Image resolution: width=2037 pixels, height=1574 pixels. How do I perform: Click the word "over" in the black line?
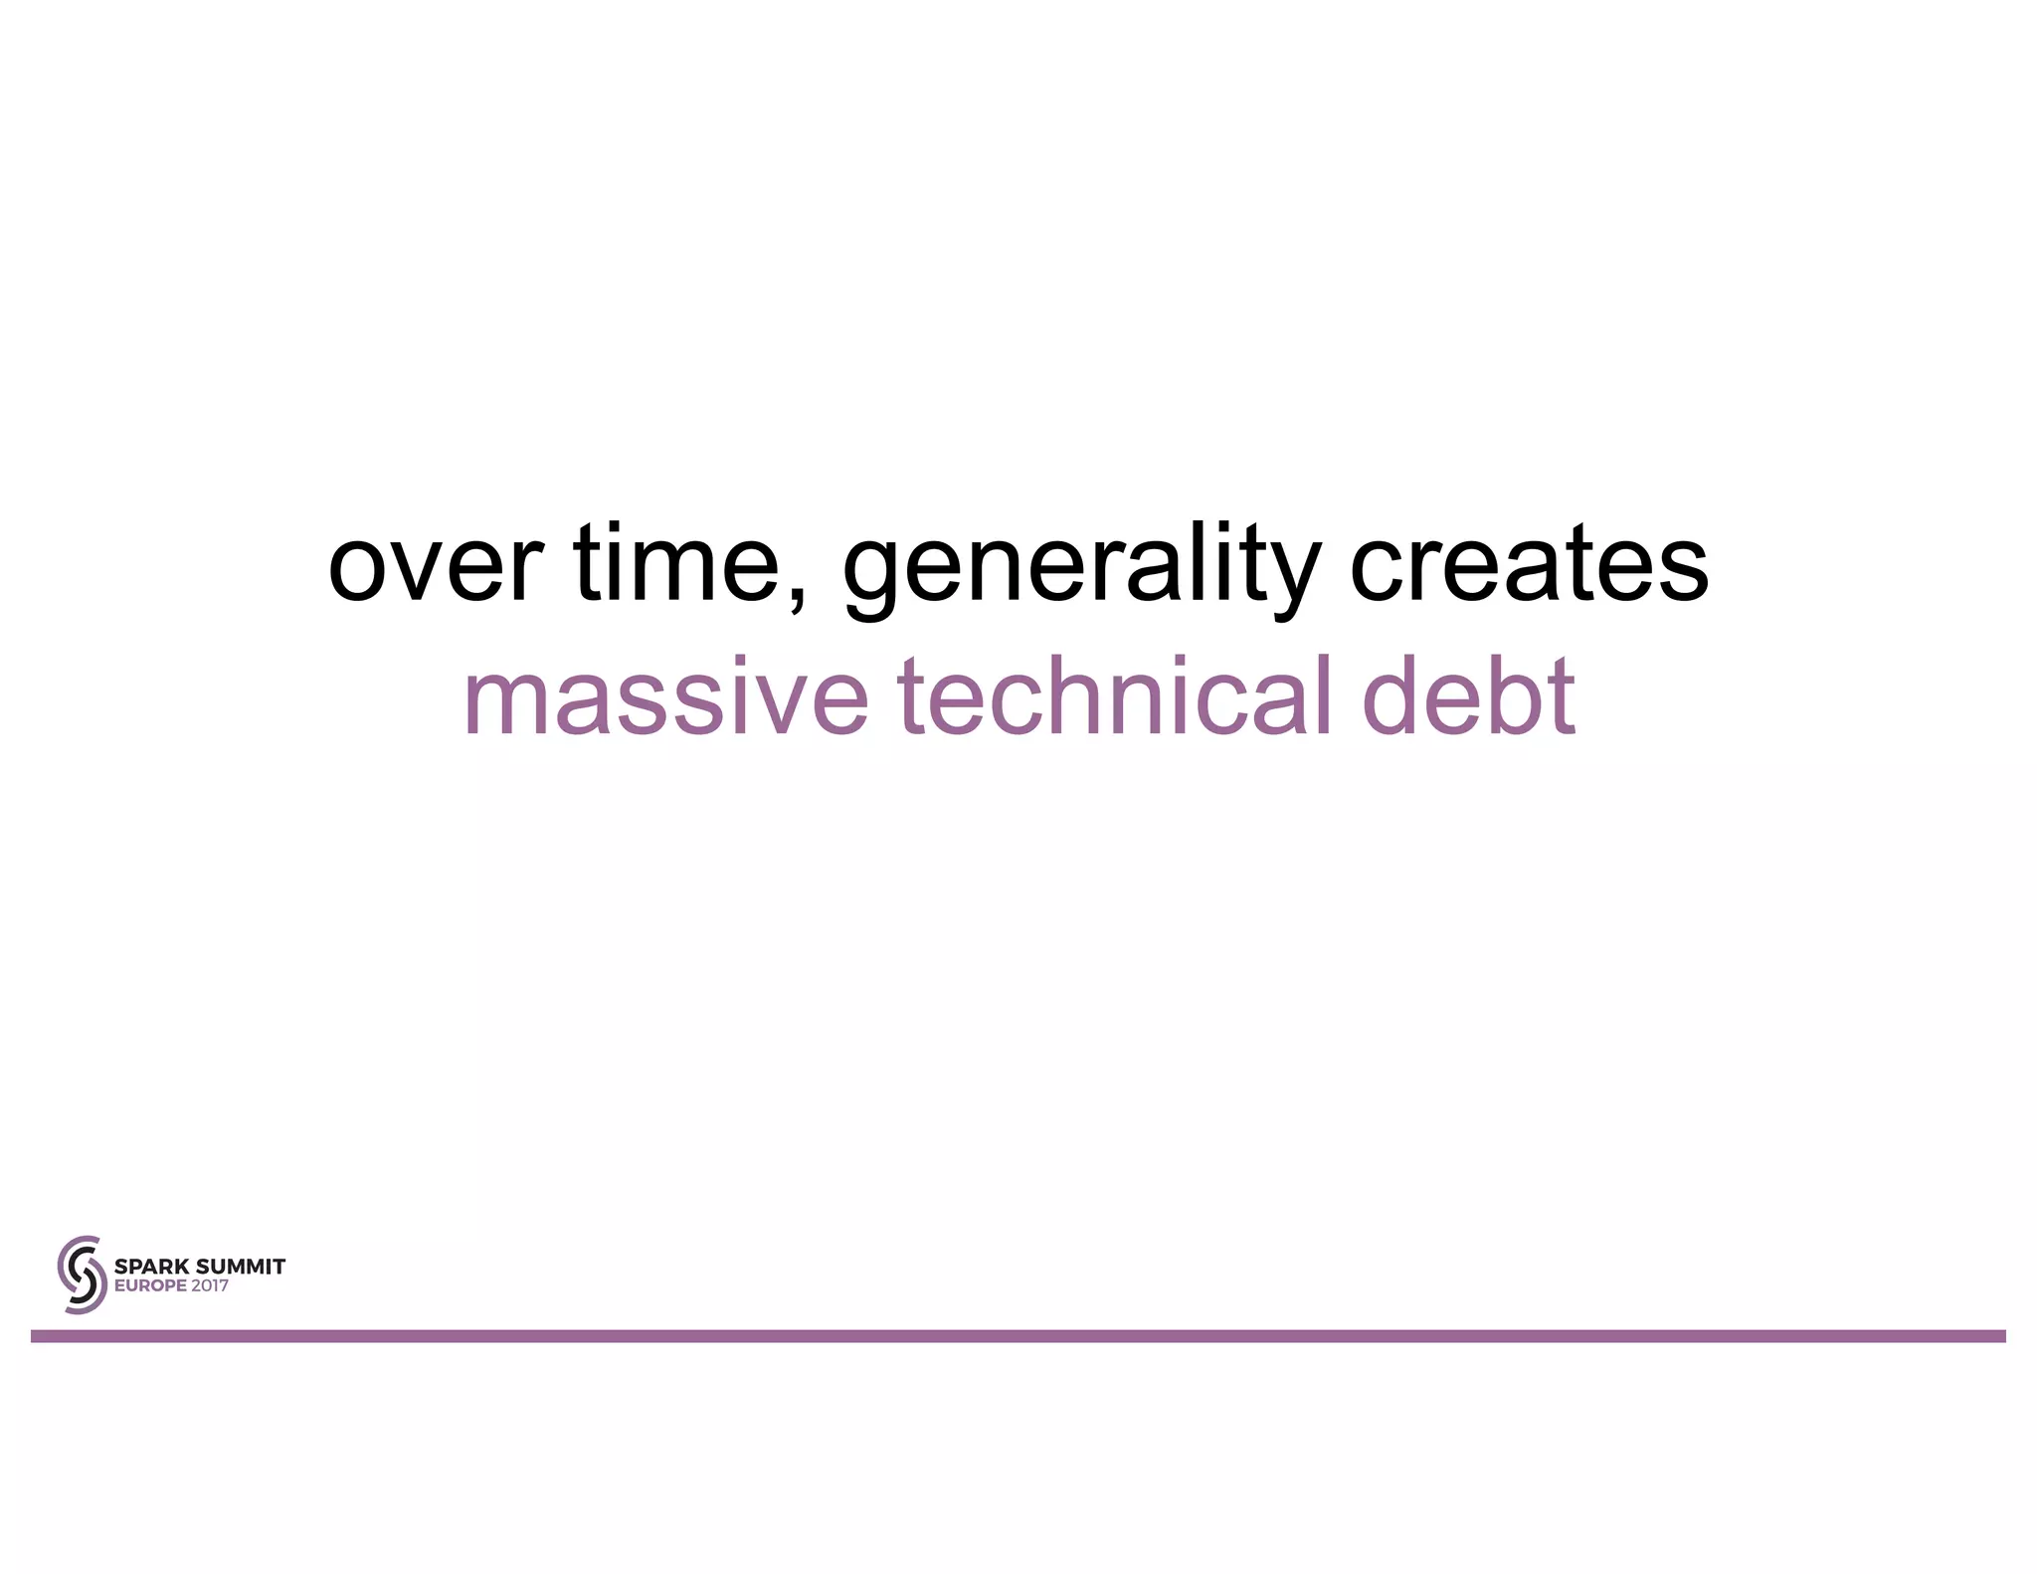pyautogui.click(x=435, y=567)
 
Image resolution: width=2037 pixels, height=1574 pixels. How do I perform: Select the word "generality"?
pyautogui.click(x=1081, y=567)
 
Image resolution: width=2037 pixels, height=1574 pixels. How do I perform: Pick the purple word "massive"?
pyautogui.click(x=665, y=698)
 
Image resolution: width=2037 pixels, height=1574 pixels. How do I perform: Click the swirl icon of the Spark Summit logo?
pyautogui.click(x=82, y=1275)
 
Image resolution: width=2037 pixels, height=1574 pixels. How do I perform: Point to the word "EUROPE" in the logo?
pyautogui.click(x=150, y=1285)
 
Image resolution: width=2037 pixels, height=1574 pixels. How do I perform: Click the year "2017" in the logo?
pyautogui.click(x=210, y=1285)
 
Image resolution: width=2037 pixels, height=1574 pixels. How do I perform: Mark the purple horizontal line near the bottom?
pyautogui.click(x=1018, y=1336)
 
